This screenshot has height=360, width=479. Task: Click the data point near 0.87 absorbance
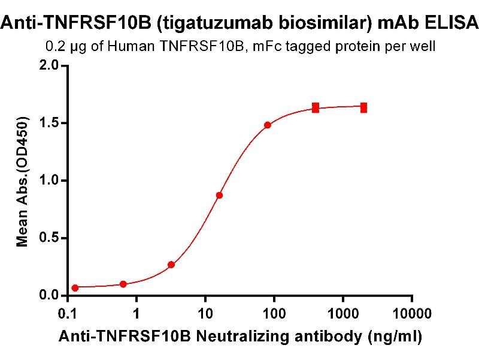(x=220, y=195)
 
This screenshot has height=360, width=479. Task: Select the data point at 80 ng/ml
(x=268, y=125)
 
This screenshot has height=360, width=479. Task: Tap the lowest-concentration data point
(x=75, y=288)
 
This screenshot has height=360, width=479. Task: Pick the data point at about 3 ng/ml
(x=171, y=265)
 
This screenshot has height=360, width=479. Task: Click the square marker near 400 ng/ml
(x=316, y=108)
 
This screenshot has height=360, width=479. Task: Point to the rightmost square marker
(x=363, y=107)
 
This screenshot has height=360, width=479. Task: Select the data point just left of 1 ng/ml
(x=123, y=284)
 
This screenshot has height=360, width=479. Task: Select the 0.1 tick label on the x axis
(x=68, y=313)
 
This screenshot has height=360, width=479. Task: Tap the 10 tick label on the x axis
(x=205, y=313)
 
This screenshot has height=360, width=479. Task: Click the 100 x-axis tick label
(x=274, y=313)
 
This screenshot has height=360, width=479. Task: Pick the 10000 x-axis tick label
(x=412, y=313)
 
